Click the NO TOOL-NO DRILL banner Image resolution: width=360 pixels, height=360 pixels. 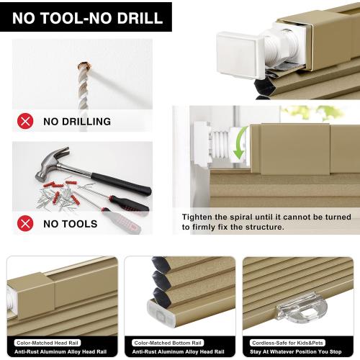click(x=86, y=16)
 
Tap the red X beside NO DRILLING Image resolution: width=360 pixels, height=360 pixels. click(x=26, y=121)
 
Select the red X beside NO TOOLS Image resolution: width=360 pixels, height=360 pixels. click(x=26, y=223)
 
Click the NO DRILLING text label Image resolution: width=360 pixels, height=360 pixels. click(x=76, y=122)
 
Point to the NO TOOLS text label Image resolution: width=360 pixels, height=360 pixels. click(x=70, y=224)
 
